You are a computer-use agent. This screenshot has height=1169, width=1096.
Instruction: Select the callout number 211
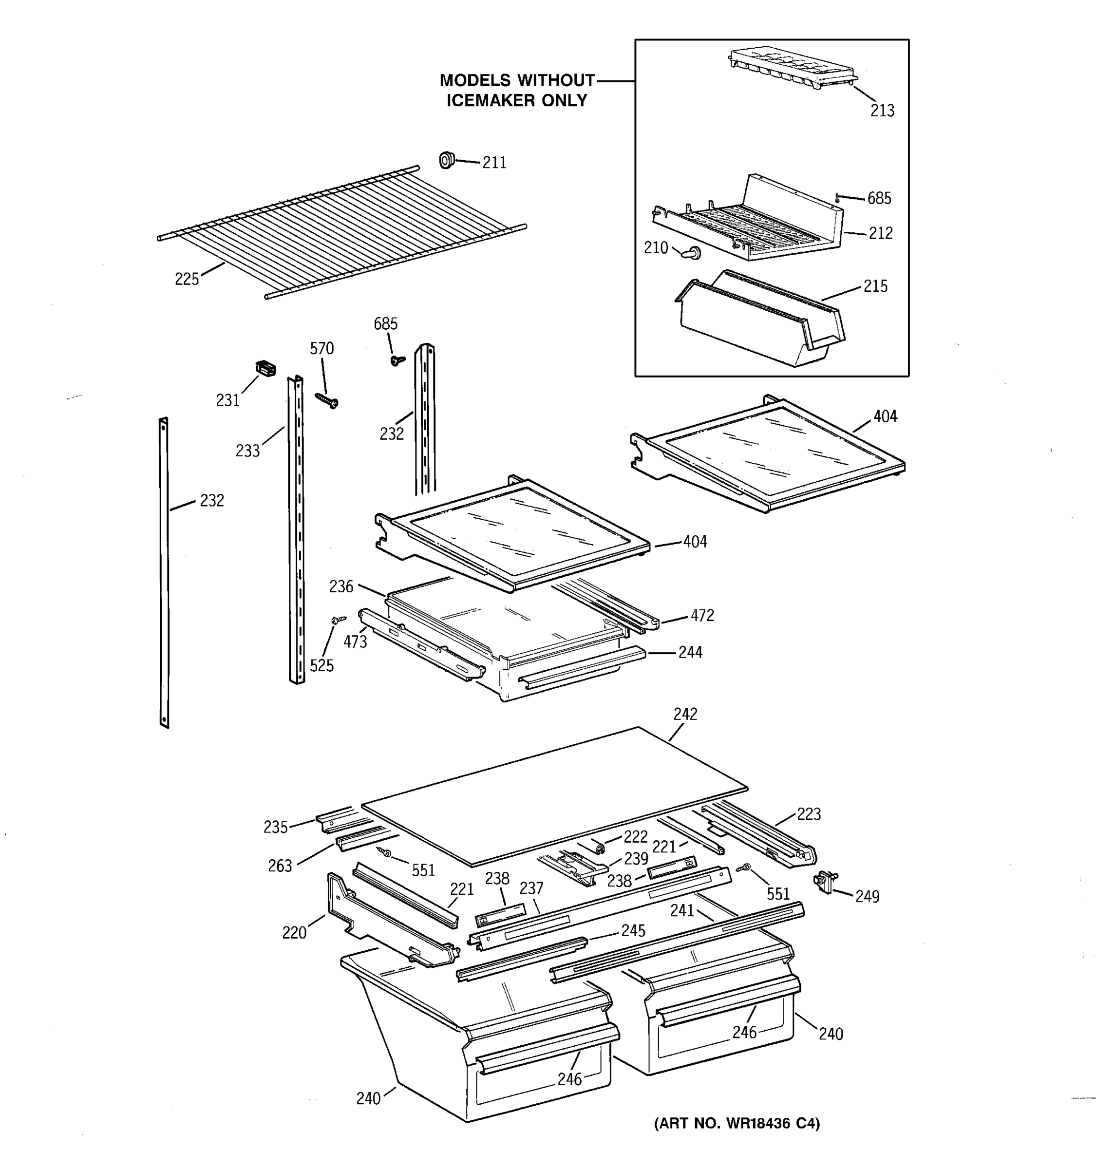pos(494,163)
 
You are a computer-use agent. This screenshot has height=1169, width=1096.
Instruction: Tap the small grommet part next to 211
pos(447,159)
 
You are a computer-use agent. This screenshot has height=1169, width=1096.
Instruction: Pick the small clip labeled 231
pos(266,369)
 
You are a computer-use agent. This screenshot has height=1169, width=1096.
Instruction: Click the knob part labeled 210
pos(691,253)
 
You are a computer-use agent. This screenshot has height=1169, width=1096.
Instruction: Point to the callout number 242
pos(685,714)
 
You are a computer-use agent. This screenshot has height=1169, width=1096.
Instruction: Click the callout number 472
pos(702,616)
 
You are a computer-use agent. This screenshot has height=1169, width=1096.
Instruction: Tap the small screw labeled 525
pos(339,619)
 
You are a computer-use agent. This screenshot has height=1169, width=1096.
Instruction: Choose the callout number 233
pos(247,451)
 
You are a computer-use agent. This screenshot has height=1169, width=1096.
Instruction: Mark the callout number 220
pos(294,933)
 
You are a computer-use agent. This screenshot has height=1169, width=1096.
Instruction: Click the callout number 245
pos(633,930)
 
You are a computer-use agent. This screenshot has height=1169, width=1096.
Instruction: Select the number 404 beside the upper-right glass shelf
pos(885,416)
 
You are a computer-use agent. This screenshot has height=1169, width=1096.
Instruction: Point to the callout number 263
pos(280,866)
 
